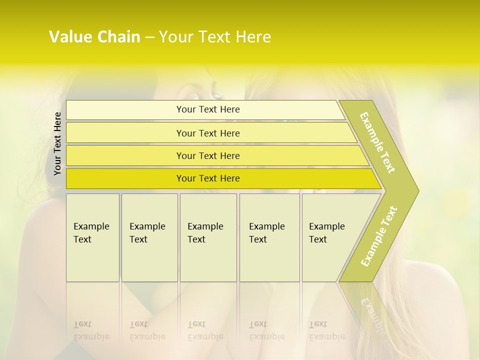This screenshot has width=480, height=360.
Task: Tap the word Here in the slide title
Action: pos(253,37)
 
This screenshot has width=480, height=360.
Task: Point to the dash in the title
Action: pos(149,37)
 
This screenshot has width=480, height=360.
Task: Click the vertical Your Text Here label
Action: pos(57,143)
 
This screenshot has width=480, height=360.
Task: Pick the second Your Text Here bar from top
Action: pos(208,133)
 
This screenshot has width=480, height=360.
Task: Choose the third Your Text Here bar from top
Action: pos(208,155)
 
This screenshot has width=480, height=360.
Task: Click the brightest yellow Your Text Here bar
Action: pos(208,178)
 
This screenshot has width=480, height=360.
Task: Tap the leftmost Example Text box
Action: pos(92,237)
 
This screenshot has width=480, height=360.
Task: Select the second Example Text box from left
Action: pos(149,237)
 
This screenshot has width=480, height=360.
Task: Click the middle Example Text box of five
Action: pos(208,237)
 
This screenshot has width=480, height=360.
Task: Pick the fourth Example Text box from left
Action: pos(269,237)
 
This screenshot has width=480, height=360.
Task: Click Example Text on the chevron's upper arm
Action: pos(377,142)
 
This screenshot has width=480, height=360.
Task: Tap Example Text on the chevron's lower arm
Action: pos(379,236)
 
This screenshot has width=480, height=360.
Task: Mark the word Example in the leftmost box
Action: pos(91,226)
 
